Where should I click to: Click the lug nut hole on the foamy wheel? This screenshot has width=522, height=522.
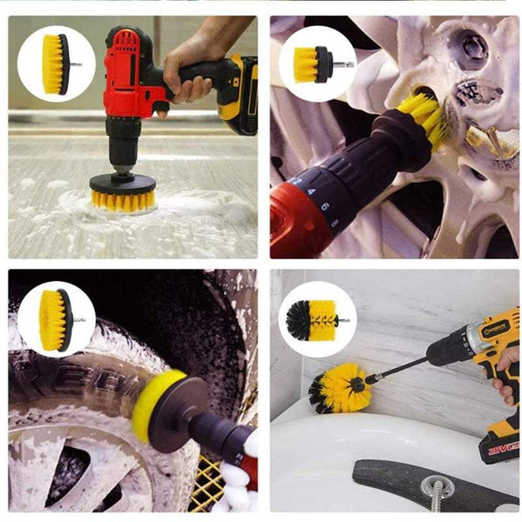pyautogui.click(x=472, y=51)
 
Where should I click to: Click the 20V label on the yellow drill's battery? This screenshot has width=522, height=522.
pyautogui.click(x=501, y=448)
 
